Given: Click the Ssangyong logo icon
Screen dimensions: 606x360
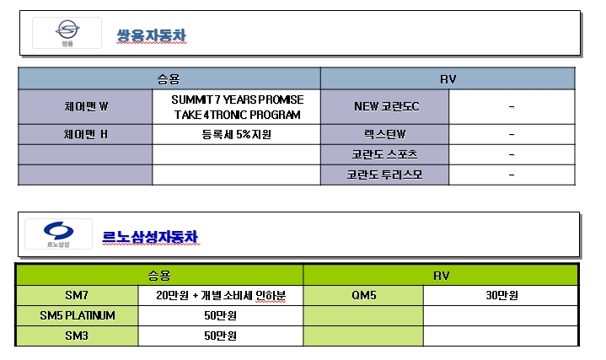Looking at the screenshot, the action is pos(67,33).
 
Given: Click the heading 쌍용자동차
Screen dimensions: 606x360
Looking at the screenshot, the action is pos(152,35).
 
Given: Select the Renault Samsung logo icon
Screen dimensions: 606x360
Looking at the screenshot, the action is pos(58,234).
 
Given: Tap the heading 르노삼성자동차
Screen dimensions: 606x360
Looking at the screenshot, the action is pos(150,237).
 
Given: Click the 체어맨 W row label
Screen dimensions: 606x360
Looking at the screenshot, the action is pos(86,107).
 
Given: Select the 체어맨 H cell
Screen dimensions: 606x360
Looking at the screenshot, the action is pos(85,135).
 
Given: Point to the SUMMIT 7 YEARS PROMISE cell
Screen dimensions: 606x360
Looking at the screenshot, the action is pos(237,107).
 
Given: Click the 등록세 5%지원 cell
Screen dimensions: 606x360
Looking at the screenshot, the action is pos(237,135).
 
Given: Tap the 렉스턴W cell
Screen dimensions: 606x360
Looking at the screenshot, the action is pos(384,135).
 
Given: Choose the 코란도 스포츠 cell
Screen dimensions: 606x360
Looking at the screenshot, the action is pos(384,154).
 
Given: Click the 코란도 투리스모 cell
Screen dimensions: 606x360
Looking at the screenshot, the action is pos(384,175).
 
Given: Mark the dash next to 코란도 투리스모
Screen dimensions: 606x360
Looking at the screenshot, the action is pos(512,175).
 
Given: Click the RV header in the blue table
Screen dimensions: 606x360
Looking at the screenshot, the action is pos(448,79).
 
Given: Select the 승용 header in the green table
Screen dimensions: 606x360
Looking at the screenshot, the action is pos(159,276).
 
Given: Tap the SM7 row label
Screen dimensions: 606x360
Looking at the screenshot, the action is pos(77,295).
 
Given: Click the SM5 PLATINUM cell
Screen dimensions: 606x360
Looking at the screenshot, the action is pos(78,315).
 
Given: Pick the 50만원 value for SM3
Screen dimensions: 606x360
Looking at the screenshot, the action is pos(220,336).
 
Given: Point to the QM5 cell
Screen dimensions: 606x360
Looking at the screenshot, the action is pos(363,295).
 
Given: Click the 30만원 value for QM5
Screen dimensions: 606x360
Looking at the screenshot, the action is pos(501,295).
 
